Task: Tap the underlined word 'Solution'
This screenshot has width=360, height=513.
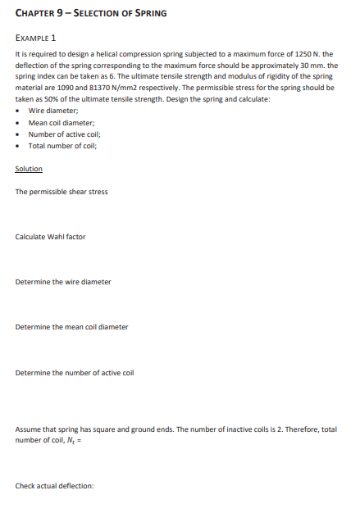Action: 29,169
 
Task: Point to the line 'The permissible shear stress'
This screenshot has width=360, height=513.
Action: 61,192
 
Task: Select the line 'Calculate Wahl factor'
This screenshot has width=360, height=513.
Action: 50,237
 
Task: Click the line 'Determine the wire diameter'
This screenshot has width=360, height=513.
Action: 63,282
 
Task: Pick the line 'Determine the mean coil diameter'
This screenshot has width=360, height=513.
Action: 72,327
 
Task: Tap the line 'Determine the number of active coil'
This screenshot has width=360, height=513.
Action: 75,372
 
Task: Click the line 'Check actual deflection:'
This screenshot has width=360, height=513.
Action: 55,485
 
